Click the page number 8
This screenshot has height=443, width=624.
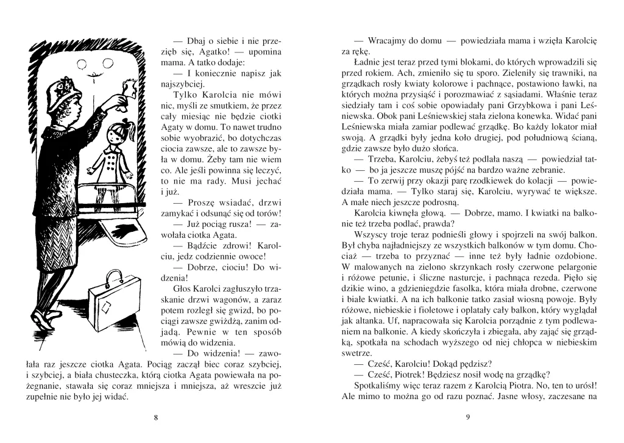[x=156, y=417]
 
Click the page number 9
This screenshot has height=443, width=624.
[x=467, y=417]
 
